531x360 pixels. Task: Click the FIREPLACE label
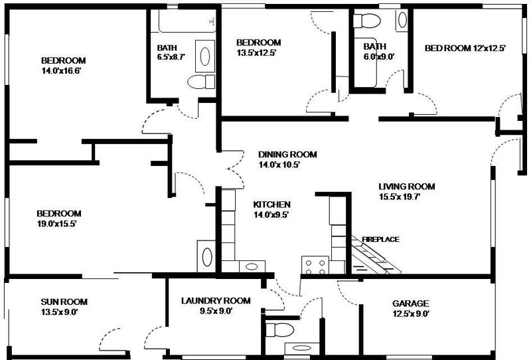point(380,239)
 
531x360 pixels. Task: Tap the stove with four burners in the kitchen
point(315,265)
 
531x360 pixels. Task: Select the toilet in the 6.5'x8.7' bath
point(201,82)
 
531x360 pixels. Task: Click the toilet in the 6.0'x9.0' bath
point(367,21)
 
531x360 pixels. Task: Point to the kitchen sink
point(252,266)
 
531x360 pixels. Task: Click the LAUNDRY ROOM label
point(216,301)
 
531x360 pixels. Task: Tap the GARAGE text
point(410,304)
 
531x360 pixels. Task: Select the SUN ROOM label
point(64,302)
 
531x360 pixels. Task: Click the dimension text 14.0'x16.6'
point(61,71)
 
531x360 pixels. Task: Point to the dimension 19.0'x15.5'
point(56,224)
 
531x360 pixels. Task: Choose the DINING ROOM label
point(287,155)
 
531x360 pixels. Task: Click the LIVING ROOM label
point(407,187)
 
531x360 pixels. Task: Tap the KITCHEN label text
point(271,205)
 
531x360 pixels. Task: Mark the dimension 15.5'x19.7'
point(400,197)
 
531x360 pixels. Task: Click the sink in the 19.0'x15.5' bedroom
point(206,256)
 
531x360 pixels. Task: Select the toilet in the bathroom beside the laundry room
point(279,329)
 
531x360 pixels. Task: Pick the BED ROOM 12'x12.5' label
point(465,48)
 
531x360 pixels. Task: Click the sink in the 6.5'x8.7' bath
point(205,56)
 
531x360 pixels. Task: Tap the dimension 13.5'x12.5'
point(257,53)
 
